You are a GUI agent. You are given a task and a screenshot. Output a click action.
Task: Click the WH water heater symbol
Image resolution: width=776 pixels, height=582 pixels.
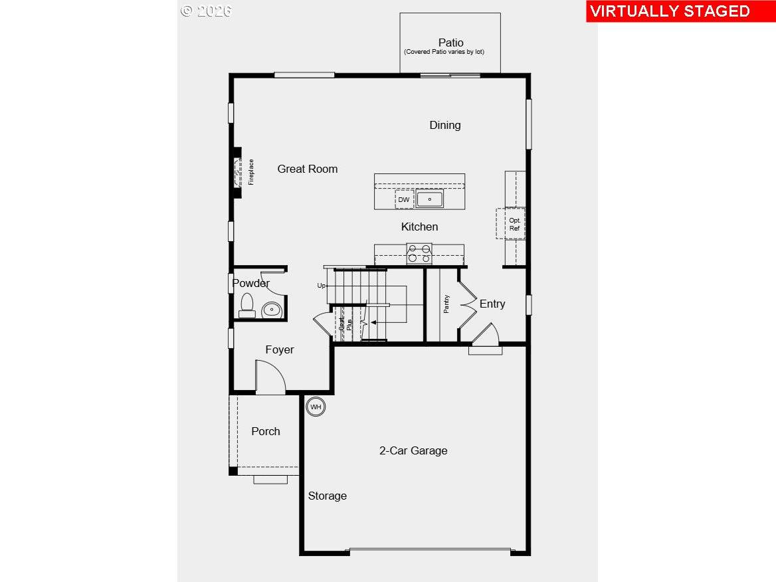coord(316,407)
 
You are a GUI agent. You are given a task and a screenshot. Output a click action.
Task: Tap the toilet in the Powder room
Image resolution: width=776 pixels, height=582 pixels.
coord(247,306)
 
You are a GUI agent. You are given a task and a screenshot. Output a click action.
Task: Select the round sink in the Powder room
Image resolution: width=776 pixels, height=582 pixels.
coord(272,309)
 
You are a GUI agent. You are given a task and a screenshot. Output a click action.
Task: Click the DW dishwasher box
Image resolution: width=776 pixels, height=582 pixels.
coord(404,199)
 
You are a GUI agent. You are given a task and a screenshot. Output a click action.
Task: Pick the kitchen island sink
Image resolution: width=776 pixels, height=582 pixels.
coord(430,199)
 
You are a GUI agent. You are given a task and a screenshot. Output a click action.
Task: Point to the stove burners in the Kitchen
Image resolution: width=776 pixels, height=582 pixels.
coord(419,254)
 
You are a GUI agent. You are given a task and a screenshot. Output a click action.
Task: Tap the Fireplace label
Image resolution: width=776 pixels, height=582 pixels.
coord(251,171)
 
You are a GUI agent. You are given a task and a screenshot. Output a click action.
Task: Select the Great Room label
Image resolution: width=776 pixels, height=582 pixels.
coord(308,169)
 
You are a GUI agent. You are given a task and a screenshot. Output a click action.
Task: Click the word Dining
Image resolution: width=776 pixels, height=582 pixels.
coord(444,125)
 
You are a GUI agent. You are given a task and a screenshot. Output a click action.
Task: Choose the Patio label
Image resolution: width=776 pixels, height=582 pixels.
coord(450,43)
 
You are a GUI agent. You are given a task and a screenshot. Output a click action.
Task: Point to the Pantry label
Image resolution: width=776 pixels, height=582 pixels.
coord(446,304)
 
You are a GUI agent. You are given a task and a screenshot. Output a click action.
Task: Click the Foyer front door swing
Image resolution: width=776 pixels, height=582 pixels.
coord(271,377)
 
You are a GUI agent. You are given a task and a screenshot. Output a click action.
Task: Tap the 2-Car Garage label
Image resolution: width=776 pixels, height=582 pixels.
coord(413,450)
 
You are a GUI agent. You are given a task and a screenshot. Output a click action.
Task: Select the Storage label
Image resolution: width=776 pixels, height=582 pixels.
coord(327,496)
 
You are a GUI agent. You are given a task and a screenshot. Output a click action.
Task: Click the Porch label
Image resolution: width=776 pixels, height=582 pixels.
coord(266,431)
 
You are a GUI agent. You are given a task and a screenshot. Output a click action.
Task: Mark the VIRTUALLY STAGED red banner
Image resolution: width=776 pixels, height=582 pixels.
coord(670,11)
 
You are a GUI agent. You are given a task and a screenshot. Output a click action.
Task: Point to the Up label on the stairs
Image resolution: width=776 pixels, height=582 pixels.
coord(322,286)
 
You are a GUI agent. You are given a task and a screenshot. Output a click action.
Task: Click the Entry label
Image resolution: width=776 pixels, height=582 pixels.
coord(492,304)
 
